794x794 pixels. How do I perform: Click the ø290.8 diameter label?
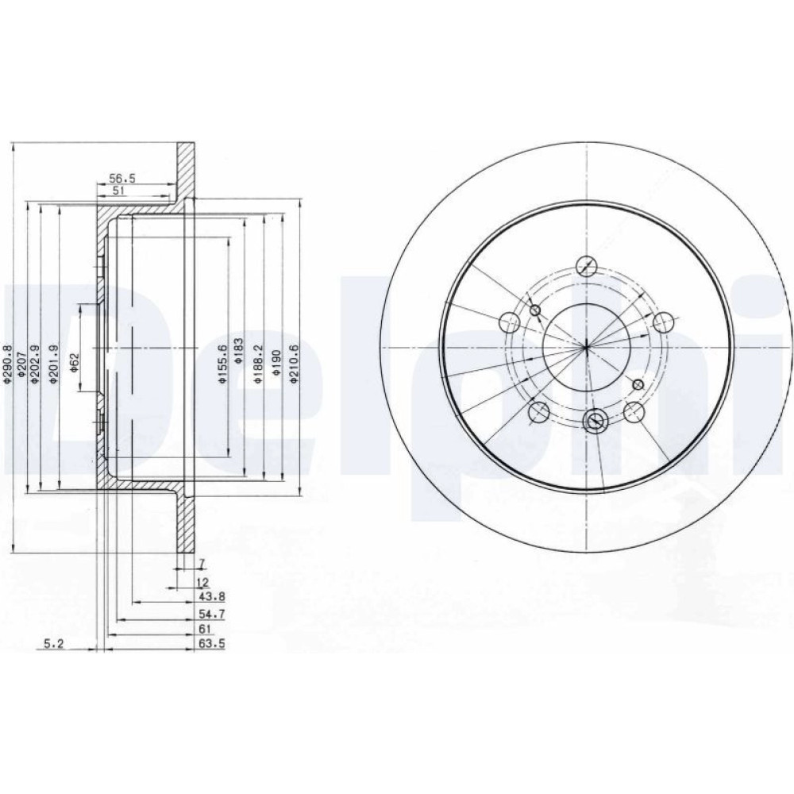[6, 364]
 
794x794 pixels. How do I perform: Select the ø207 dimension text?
[21, 364]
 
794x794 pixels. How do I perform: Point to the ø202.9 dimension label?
[34, 364]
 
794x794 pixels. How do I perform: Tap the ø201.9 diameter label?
[54, 364]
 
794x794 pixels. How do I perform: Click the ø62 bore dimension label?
[75, 363]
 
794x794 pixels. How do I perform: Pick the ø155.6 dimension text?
[222, 363]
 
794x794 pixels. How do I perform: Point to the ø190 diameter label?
[276, 363]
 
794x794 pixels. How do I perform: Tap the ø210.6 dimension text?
[295, 363]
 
